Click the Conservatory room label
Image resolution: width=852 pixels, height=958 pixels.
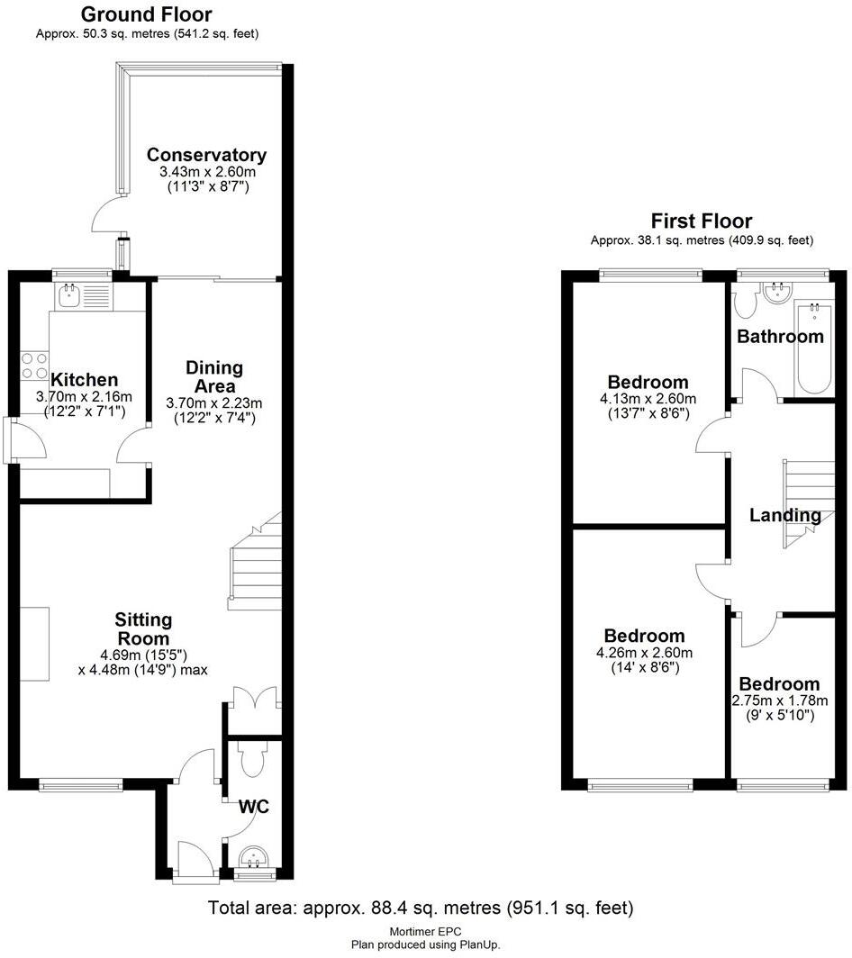tap(207, 155)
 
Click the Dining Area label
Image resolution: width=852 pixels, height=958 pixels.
tap(214, 376)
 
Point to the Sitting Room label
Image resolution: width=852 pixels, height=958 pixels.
tap(143, 628)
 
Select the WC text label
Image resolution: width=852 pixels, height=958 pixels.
tap(253, 805)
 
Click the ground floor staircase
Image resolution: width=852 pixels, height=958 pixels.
tap(256, 563)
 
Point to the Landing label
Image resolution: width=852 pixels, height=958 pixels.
tap(785, 516)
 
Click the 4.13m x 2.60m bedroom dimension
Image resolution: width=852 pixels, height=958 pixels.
tap(647, 399)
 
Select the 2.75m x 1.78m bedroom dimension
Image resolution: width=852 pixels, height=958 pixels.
tap(781, 700)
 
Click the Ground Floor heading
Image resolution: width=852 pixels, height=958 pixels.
tap(147, 14)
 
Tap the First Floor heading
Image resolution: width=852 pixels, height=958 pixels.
tap(702, 221)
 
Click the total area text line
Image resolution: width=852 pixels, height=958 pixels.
tap(421, 907)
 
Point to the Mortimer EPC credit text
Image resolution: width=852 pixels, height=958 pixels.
tap(425, 932)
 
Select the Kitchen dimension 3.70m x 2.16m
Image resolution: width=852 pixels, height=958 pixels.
tap(84, 396)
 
